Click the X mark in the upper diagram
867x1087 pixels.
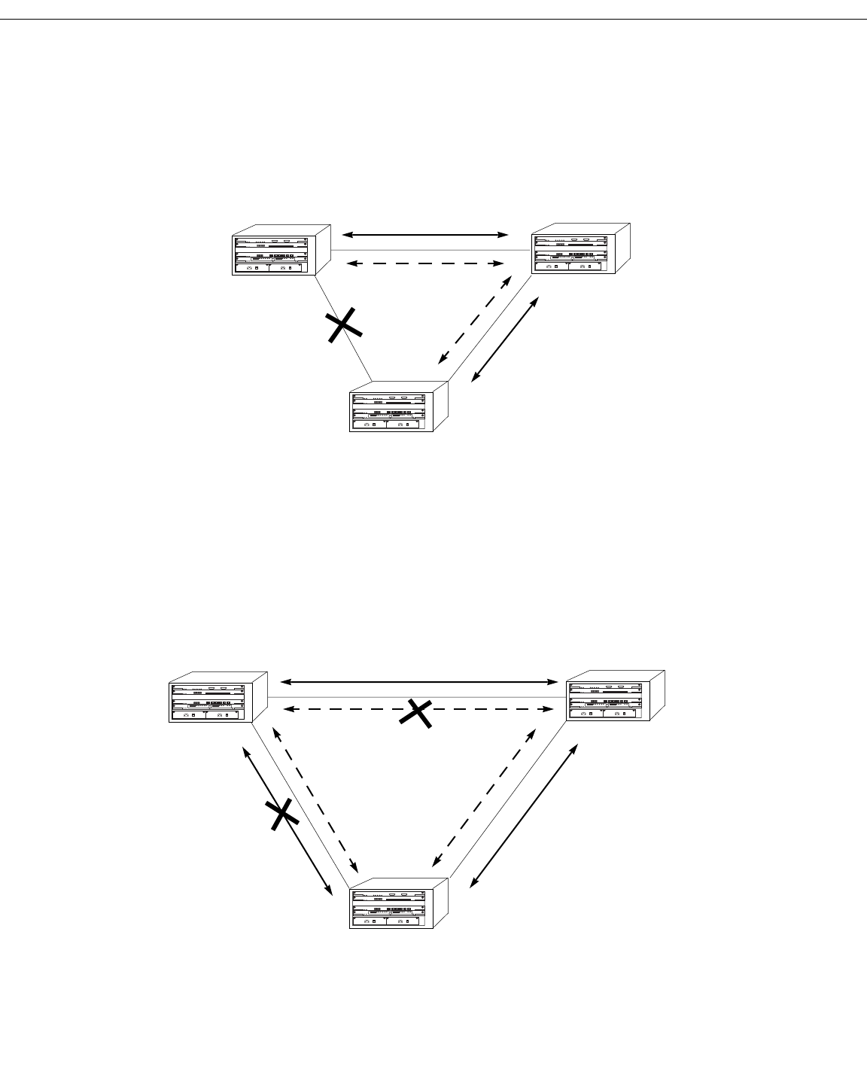pyautogui.click(x=342, y=326)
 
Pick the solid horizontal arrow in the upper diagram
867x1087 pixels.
pyautogui.click(x=425, y=236)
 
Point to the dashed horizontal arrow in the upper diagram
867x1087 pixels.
pyautogui.click(x=425, y=263)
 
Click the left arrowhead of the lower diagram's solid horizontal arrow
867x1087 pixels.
pyautogui.click(x=284, y=682)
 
